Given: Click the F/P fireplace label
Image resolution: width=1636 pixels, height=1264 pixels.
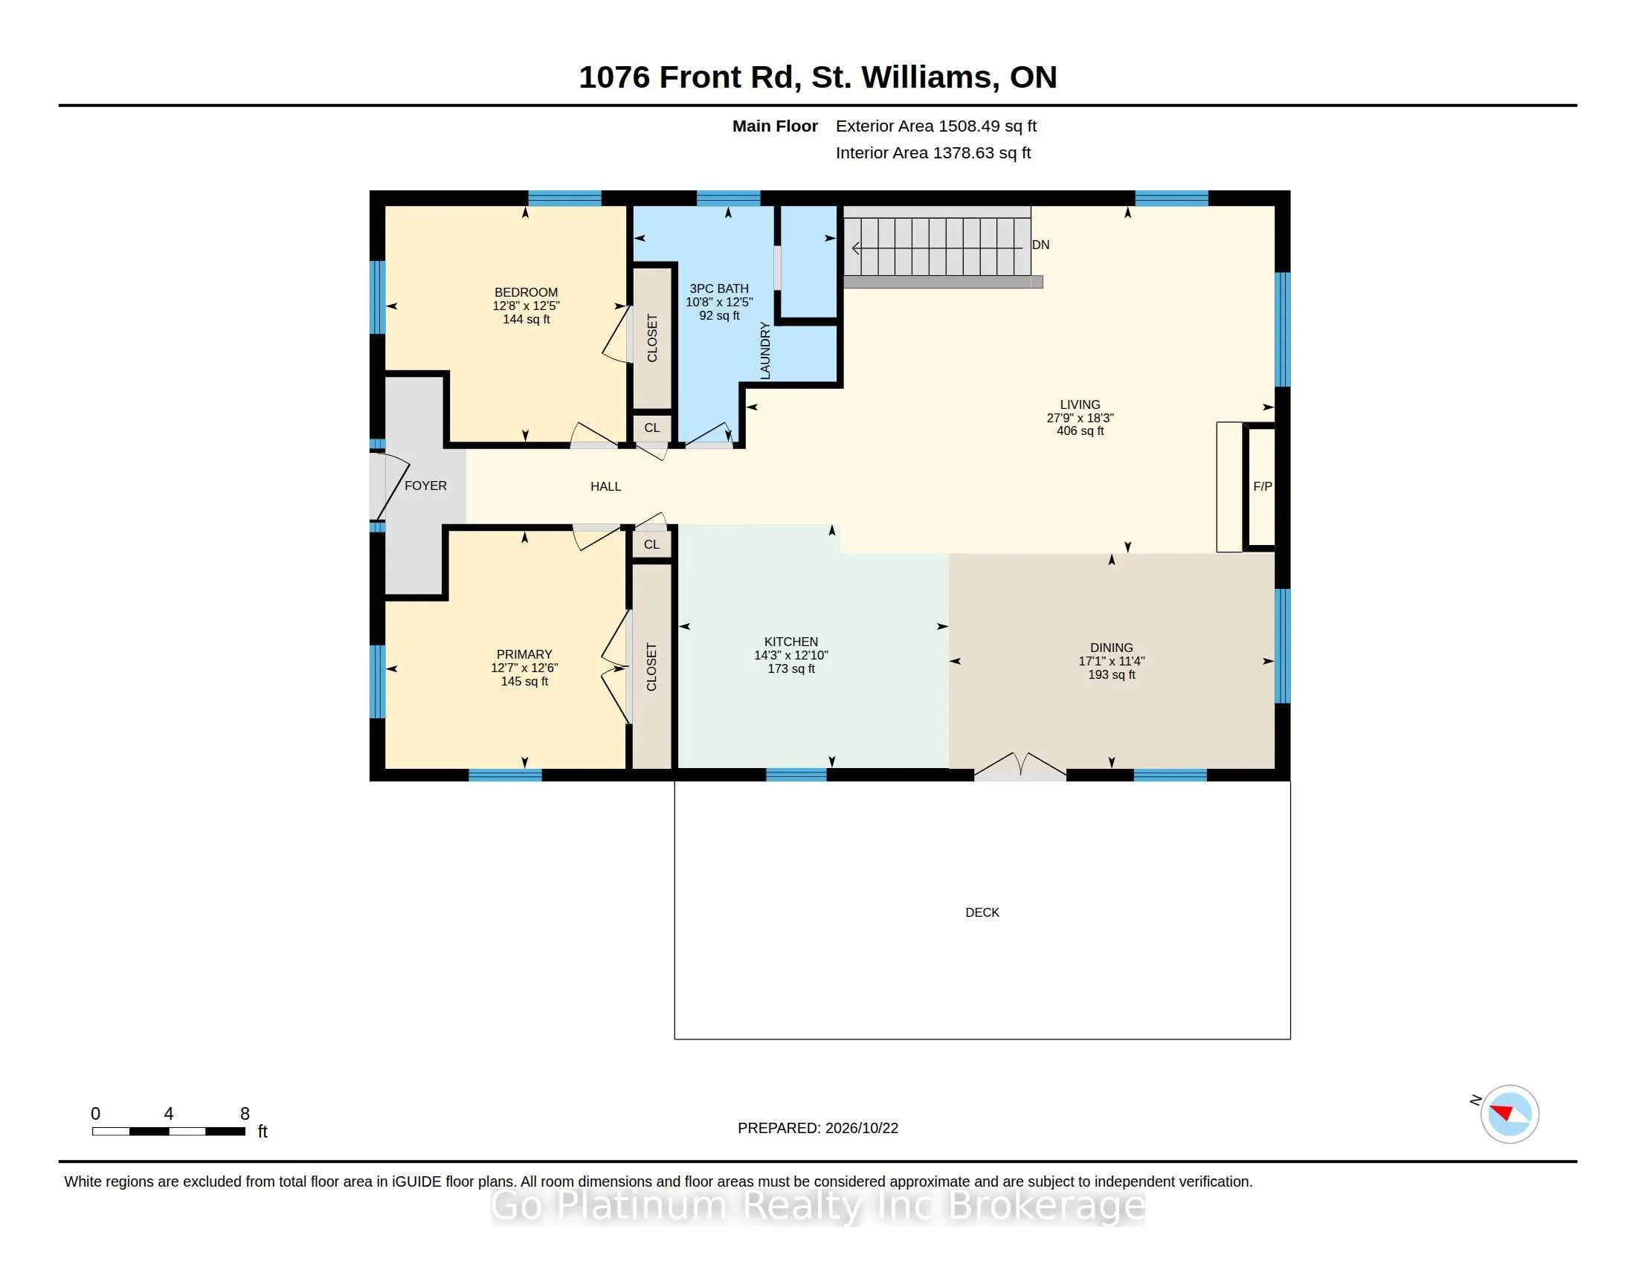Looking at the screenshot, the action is pos(1262,486).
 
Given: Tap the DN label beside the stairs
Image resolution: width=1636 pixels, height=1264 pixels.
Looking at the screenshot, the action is pos(1040,245).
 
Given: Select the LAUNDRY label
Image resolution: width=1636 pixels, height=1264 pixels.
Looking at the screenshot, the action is pos(764,350).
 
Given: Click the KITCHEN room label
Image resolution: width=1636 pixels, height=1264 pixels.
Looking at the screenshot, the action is pos(791,642).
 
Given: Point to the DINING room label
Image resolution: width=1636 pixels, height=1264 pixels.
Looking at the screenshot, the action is pos(1112,648).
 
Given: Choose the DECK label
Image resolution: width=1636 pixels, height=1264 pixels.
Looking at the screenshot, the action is pos(982,912).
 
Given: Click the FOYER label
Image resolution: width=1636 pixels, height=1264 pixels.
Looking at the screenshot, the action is pos(425,486).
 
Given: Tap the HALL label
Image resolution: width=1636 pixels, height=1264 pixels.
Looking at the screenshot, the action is pos(605,486).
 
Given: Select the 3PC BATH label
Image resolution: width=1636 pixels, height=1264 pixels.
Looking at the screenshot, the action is pos(719,288).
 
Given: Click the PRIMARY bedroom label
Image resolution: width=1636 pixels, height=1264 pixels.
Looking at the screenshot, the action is pos(524,654).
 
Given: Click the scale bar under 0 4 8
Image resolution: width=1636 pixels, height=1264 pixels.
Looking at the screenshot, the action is pos(169,1132).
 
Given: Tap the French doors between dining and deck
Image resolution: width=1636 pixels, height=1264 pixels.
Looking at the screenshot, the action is pos(1020,766).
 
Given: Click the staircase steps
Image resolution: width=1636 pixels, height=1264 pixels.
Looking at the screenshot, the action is pos(937,247).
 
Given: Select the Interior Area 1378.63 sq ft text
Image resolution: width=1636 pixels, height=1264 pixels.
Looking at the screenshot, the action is pos(933,152).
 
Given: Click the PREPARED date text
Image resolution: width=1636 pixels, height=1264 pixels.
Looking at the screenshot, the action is pos(818,1128).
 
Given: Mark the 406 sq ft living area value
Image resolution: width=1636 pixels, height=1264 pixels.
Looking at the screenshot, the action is pos(1081,431).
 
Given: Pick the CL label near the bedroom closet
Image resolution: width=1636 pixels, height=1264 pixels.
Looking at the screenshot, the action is pos(651,428).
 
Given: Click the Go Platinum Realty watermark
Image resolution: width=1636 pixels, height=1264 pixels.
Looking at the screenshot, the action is pos(818,1205).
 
